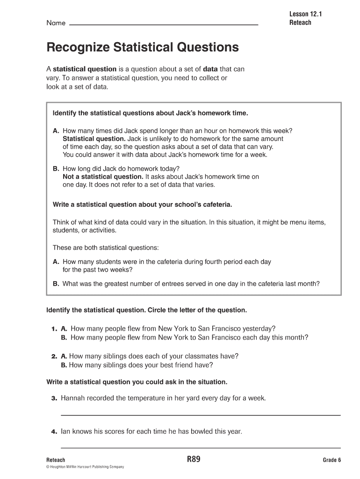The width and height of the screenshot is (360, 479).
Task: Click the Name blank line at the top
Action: (164, 24)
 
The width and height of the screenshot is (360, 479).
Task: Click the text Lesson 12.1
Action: (306, 14)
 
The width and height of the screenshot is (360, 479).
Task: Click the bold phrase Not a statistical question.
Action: (103, 177)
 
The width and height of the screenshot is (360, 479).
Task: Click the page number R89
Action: (194, 459)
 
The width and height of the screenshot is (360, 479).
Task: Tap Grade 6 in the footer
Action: (332, 460)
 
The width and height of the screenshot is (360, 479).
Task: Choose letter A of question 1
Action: (65, 328)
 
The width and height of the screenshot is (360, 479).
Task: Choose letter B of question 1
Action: (65, 337)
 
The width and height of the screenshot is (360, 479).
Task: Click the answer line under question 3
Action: (201, 414)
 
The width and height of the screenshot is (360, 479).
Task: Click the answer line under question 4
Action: (201, 447)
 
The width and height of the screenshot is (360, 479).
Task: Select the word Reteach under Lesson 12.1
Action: (300, 22)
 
